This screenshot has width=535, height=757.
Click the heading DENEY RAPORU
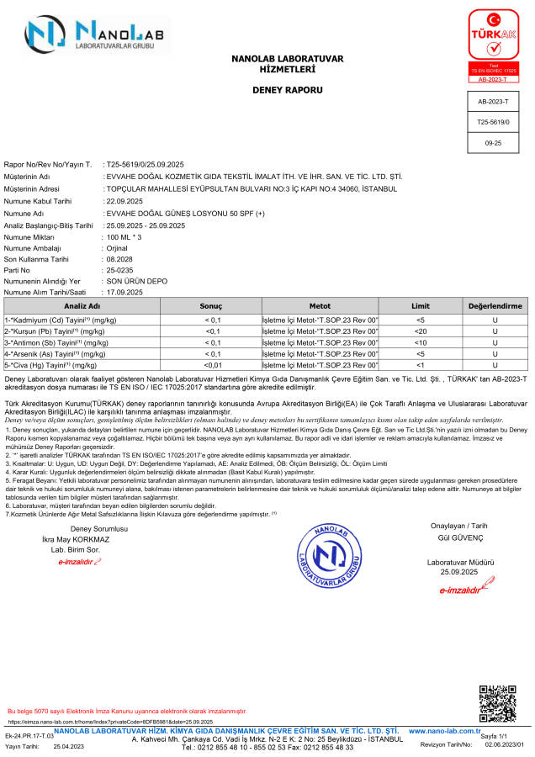coord(287,89)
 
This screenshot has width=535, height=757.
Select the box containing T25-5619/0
coord(494,122)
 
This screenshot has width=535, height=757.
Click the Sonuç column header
coord(210,306)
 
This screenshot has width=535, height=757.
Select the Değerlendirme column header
coord(495,306)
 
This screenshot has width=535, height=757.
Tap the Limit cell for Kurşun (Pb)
coord(421,331)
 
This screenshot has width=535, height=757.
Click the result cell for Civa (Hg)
coord(213,365)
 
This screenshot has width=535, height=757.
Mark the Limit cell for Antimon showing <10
coord(421,342)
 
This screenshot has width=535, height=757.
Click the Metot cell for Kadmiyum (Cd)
coord(320,320)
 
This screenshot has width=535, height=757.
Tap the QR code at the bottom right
coord(496,702)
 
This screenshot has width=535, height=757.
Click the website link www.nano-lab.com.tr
coord(444,731)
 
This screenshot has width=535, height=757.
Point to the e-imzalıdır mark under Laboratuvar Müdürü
coord(461,590)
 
